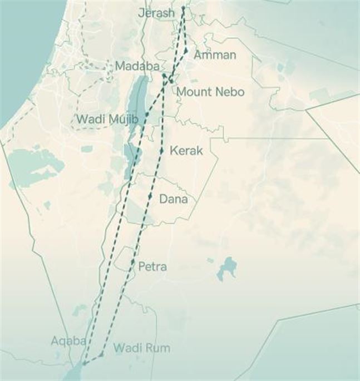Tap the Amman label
[215, 55]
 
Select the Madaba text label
[137, 67]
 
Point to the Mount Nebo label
[209, 92]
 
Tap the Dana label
[174, 199]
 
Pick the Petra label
[152, 266]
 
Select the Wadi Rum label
[141, 348]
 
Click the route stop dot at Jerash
[183, 8]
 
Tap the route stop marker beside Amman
[186, 51]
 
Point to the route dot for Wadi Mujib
[146, 115]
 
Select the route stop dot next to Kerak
[161, 151]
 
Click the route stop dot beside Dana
[150, 196]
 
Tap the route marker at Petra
[133, 261]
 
